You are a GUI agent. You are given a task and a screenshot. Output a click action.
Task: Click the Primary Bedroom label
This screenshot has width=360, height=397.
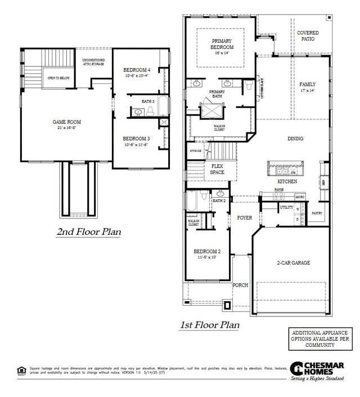pos(222,44)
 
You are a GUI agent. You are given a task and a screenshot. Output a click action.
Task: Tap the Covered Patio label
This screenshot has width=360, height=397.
pos(308,37)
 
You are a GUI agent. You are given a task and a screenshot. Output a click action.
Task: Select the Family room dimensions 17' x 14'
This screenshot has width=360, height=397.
pos(308,90)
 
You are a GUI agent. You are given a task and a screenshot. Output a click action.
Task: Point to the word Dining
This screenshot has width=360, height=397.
pos(295,139)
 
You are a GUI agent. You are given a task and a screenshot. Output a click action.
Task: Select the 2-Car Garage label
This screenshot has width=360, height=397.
pos(293,263)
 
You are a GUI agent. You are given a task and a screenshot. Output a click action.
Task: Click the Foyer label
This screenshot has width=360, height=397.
pos(244,218)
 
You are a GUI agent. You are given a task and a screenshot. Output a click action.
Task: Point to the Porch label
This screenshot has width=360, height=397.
pos(240,286)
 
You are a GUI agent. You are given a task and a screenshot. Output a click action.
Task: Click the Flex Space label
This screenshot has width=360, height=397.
pos(218,169)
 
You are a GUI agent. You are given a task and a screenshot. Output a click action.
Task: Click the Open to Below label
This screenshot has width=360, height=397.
pos(58,78)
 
